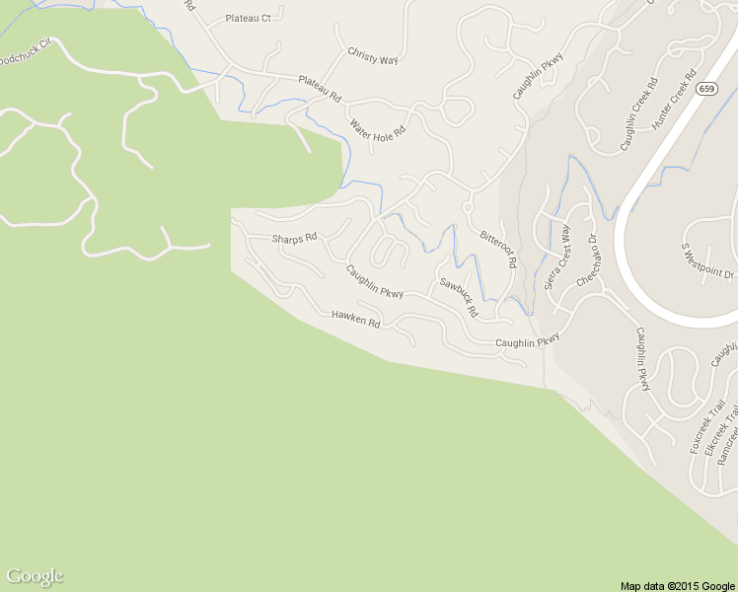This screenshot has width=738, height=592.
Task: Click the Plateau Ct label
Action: pyautogui.click(x=248, y=19)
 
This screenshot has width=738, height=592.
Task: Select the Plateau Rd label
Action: pyautogui.click(x=319, y=91)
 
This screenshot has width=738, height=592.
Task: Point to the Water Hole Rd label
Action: pyautogui.click(x=378, y=130)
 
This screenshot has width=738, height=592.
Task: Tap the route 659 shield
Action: pyautogui.click(x=705, y=89)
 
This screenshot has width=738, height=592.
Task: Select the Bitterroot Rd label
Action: pyautogui.click(x=498, y=247)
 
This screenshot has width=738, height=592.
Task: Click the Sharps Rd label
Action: pyautogui.click(x=294, y=238)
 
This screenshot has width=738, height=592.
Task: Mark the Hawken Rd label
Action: pyautogui.click(x=355, y=318)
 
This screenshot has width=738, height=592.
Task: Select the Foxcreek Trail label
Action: pyautogui.click(x=701, y=427)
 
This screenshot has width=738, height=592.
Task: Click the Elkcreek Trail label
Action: pyautogui.click(x=717, y=432)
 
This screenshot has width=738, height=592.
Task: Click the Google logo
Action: pyautogui.click(x=35, y=576)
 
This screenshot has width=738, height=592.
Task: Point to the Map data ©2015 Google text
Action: pyautogui.click(x=677, y=585)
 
